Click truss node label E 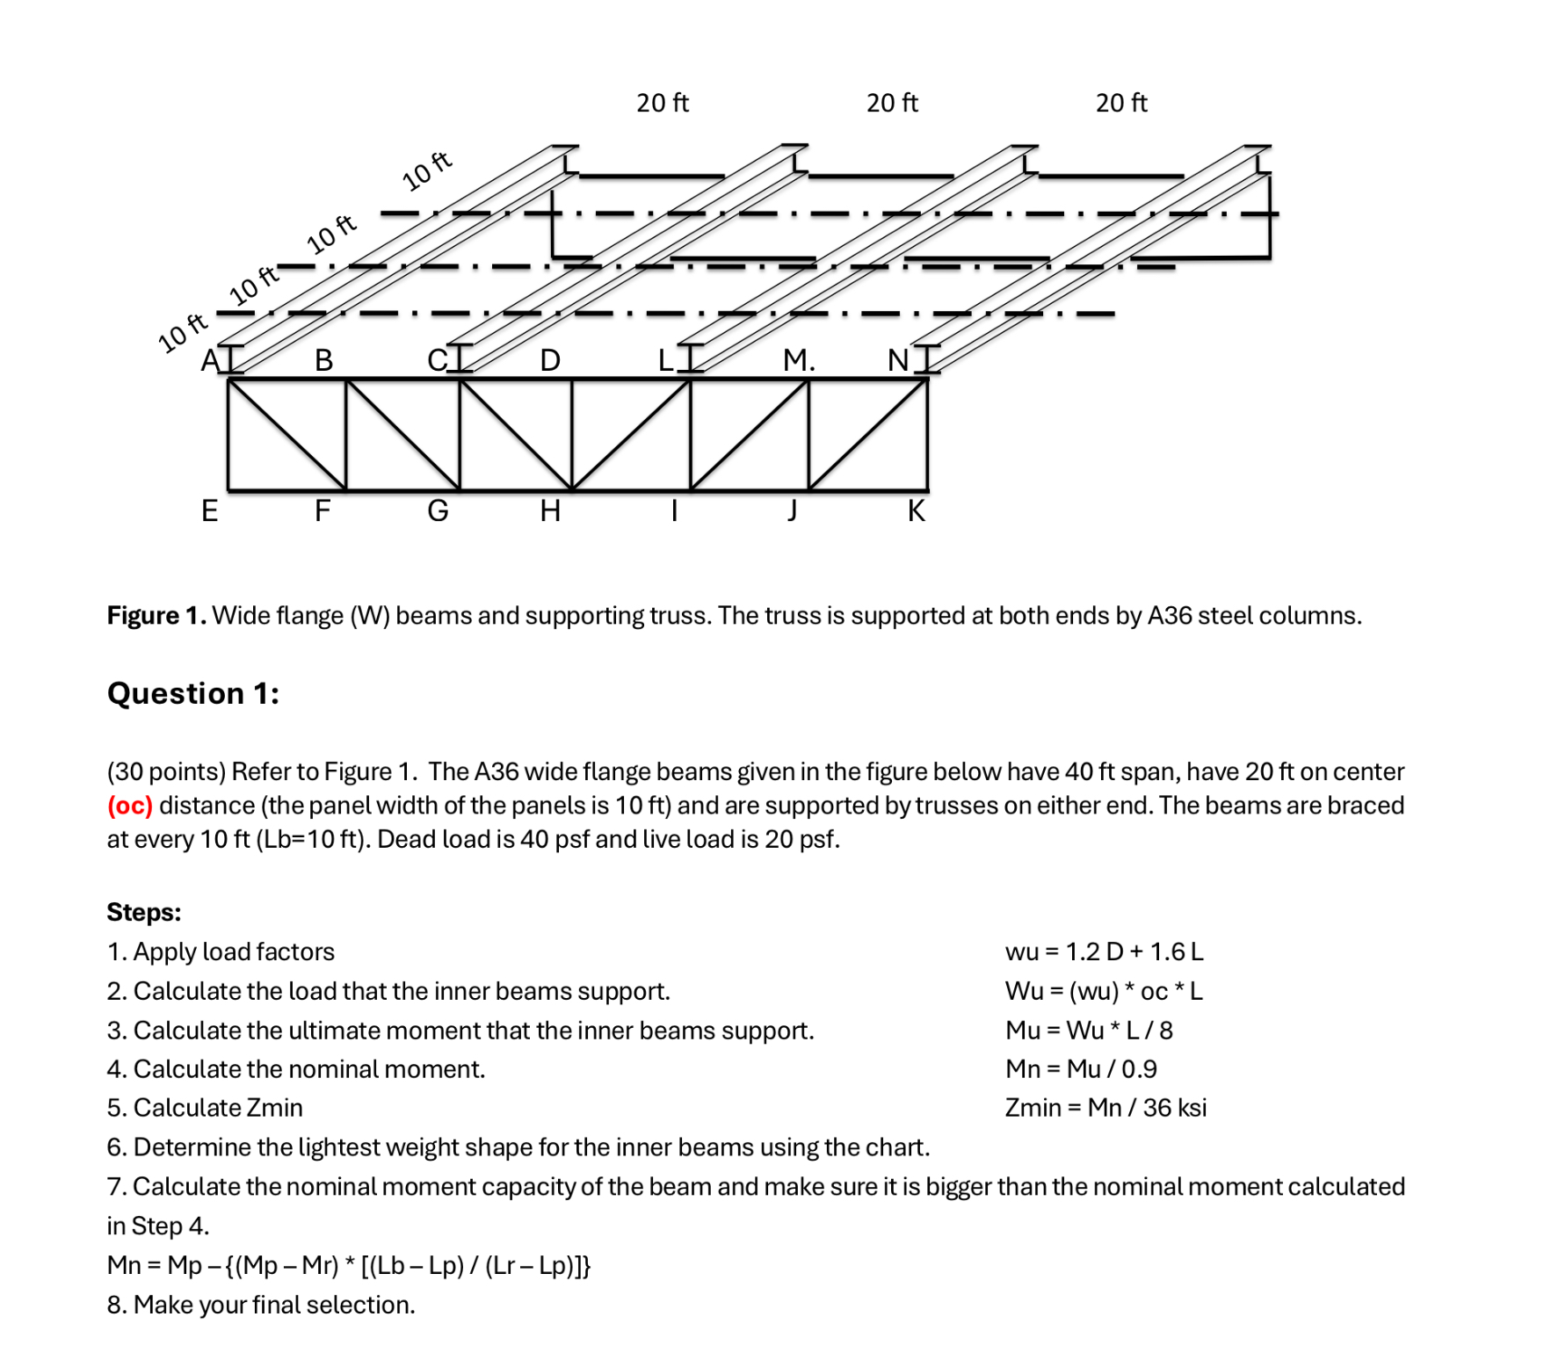point(209,510)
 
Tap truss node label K point(916,510)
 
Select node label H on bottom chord point(550,510)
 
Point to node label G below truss point(438,510)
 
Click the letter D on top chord point(550,360)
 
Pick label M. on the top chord point(798,360)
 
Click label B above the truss point(323,360)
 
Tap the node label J point(792,510)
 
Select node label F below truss point(323,510)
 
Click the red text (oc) point(130,806)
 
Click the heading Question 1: point(193,693)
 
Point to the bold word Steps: point(144,912)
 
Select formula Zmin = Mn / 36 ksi point(1105,1108)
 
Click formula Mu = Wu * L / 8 point(1089,1030)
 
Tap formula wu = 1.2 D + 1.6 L point(1104,951)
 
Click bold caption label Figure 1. point(156,616)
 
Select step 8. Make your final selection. point(261,1305)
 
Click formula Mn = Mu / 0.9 point(1081,1069)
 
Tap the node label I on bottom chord point(674,510)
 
